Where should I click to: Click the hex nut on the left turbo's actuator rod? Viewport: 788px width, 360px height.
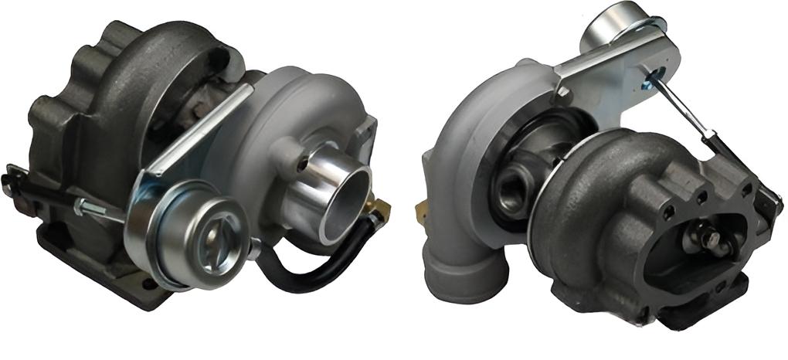coord(80,206)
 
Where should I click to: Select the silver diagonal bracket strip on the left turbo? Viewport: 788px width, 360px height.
coord(197,131)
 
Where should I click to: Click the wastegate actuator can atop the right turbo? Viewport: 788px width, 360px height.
coord(618,23)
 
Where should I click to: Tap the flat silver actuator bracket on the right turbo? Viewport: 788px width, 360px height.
coord(610,66)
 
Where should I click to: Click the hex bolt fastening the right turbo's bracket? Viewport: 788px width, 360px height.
coord(563,93)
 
